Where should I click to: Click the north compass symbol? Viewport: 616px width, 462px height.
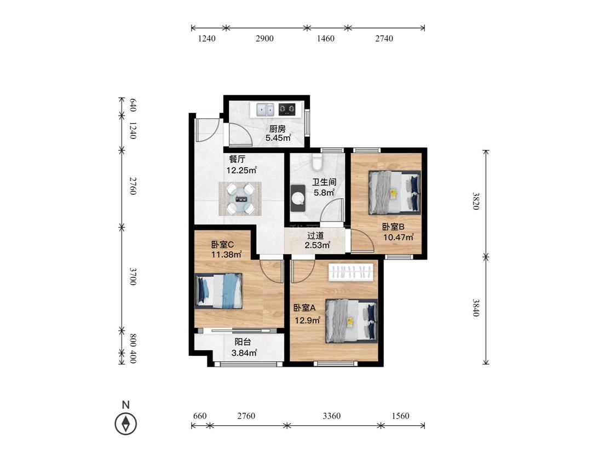tap(126, 424)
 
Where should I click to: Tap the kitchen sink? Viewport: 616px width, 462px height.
tap(265, 109)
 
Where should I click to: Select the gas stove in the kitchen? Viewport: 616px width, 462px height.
tap(287, 109)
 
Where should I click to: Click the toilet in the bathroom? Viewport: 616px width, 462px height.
tap(316, 161)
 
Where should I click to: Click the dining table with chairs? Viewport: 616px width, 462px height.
tap(240, 198)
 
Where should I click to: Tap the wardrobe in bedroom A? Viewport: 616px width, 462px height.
tap(350, 272)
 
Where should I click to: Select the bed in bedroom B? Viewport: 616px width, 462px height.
tap(394, 193)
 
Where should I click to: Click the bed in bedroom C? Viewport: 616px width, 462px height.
tap(218, 291)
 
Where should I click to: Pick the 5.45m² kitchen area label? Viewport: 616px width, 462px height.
tap(278, 138)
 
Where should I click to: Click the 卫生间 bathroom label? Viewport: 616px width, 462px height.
tap(324, 182)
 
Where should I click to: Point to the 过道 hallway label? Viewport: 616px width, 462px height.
tap(315, 236)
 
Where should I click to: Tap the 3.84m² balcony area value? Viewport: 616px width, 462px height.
tap(244, 353)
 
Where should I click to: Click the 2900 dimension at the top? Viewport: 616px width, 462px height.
tap(264, 38)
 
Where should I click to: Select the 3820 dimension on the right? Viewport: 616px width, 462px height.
tap(476, 201)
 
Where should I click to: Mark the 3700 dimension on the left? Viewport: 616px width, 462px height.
tap(133, 277)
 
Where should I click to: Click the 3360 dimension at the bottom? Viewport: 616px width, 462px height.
tap(332, 415)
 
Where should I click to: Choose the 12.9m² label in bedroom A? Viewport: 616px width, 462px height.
tap(308, 321)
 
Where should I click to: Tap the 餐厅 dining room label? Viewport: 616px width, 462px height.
tap(237, 159)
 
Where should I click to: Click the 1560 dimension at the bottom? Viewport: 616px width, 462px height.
tap(400, 415)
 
